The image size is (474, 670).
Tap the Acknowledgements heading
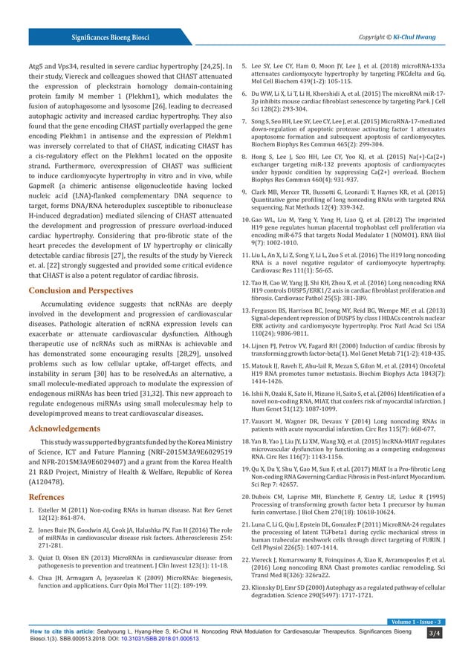tap(62, 429)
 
